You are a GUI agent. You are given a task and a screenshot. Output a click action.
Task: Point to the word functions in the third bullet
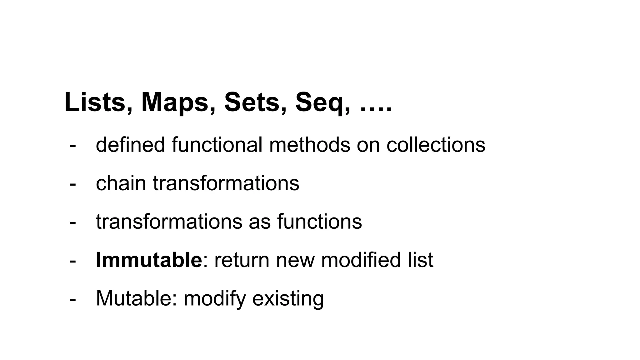click(319, 222)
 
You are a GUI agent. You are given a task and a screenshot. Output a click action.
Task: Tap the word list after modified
click(421, 260)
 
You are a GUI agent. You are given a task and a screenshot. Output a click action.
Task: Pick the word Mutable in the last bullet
click(136, 298)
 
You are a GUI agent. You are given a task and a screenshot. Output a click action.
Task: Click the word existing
click(288, 298)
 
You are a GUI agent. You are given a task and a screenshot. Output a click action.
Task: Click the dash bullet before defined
click(72, 146)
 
